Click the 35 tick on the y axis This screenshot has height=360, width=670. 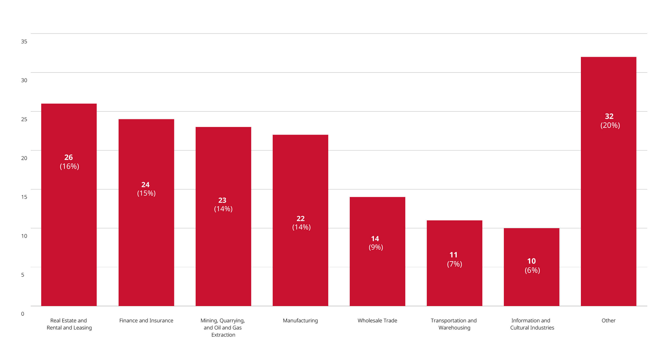pos(24,41)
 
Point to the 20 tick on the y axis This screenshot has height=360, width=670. pos(24,158)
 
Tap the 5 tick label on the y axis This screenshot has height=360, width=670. pos(23,275)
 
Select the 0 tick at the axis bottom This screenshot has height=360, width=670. pos(23,314)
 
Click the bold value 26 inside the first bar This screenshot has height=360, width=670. pos(69,157)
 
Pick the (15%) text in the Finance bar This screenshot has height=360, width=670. pos(146,193)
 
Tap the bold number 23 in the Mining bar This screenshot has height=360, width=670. pos(222,200)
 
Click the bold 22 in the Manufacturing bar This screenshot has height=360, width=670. pos(300,218)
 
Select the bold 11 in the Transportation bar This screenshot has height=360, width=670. pos(453,255)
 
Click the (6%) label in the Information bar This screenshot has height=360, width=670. pos(532,270)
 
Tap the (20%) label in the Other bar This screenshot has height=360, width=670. pos(610,125)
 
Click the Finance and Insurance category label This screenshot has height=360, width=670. pos(146,321)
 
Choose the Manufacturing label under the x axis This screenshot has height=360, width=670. pos(300,321)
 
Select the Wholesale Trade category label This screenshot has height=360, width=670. pos(377,321)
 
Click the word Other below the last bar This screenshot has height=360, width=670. pos(608,321)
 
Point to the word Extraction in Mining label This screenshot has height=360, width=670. pos(223,335)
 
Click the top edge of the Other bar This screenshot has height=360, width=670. pos(608,57)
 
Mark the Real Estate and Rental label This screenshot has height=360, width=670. pos(69,324)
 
